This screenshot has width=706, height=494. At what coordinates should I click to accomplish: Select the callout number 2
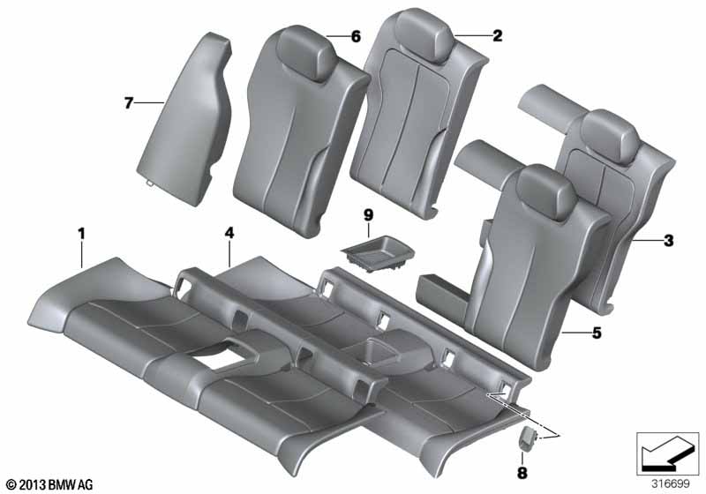tap(497, 36)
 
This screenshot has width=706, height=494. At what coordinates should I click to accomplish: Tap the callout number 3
tap(667, 239)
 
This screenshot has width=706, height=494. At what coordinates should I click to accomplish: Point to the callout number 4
tap(229, 234)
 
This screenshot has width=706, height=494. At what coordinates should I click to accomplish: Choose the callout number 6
tap(356, 36)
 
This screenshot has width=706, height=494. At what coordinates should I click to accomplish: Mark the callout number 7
tap(128, 104)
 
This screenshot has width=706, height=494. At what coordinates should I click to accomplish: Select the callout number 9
tap(369, 213)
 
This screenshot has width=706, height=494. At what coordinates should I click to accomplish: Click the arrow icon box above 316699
tap(668, 450)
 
